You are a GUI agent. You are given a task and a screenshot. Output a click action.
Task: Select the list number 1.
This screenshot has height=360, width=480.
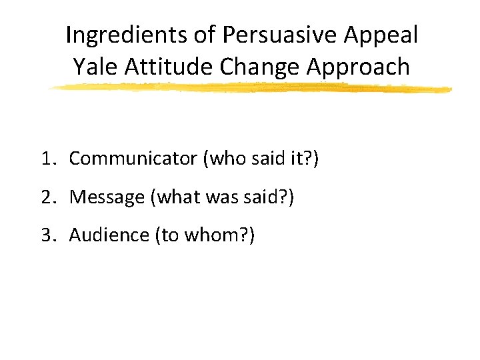point(45,159)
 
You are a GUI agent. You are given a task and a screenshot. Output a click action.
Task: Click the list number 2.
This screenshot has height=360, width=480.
point(45,197)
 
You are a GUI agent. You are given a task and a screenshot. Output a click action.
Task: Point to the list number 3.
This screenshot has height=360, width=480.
point(45,235)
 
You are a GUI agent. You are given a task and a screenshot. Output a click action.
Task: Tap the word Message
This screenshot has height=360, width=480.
point(107,197)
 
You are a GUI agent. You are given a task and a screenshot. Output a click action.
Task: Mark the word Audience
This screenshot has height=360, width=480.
point(109,235)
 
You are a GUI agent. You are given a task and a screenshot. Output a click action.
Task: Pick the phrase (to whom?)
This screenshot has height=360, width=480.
point(204,235)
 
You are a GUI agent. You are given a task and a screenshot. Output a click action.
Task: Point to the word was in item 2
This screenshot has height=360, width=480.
point(215,197)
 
